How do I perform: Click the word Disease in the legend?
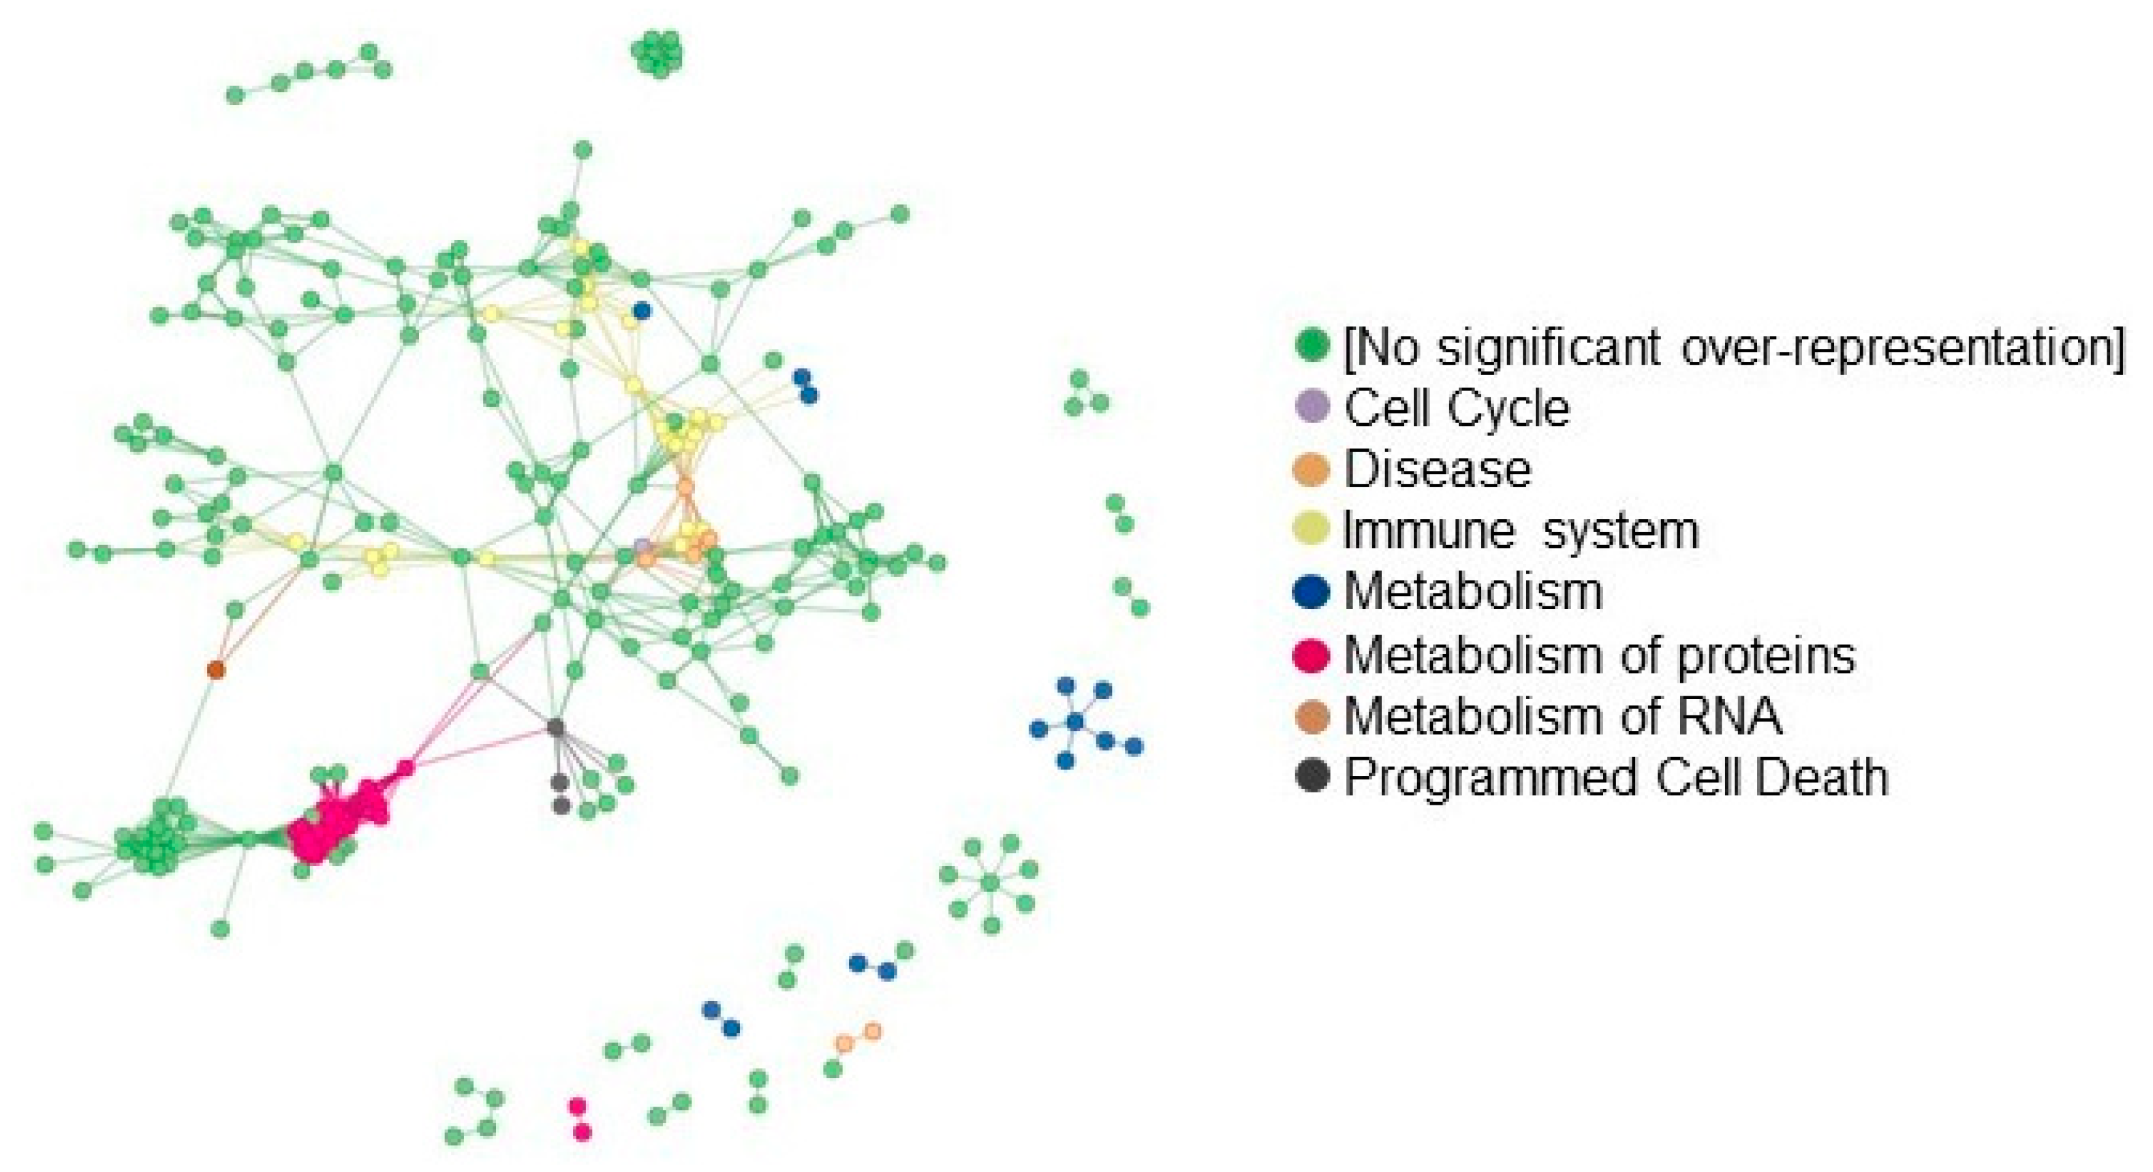pyautogui.click(x=1438, y=469)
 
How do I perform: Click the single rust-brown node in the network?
pyautogui.click(x=215, y=668)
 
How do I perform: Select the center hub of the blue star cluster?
pyautogui.click(x=1075, y=721)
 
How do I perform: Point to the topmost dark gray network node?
pyautogui.click(x=555, y=726)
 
